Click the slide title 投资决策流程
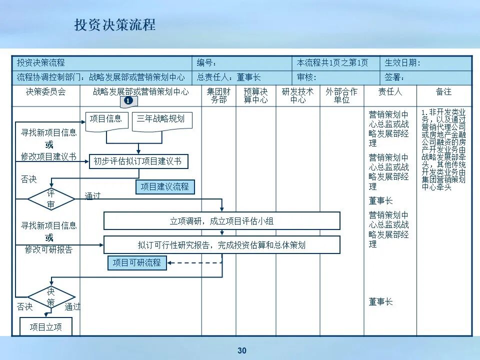115,25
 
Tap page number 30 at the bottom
242,350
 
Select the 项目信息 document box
106,119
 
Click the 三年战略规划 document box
161,119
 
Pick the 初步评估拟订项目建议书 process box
138,161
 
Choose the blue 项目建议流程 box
165,187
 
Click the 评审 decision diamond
51,199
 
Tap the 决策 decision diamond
51,297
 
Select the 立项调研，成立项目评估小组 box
221,220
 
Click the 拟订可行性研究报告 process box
221,245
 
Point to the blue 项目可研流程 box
137,262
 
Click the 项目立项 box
46,327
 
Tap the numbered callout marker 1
128,101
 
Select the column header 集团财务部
218,95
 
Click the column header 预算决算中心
255,95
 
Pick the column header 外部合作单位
341,95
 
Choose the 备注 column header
443,92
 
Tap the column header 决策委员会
45,92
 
